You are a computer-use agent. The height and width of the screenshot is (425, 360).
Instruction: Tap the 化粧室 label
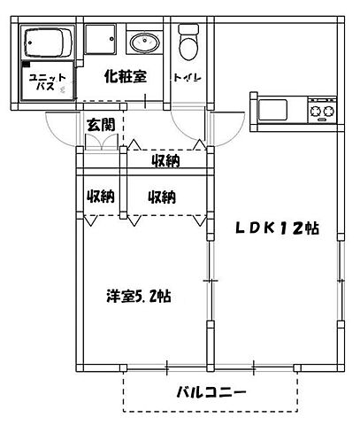pos(123,77)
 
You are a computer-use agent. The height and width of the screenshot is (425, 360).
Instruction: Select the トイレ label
pos(187,78)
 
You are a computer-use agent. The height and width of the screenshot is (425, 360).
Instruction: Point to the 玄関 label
pos(100,125)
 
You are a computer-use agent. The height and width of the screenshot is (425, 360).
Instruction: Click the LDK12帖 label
pos(276,228)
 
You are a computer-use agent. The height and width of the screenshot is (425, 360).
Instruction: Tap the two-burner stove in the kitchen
pos(321,112)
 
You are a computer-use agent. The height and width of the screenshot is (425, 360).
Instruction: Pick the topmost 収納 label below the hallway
pos(165,160)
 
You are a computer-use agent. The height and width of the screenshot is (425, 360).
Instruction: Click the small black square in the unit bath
pos(27,67)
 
